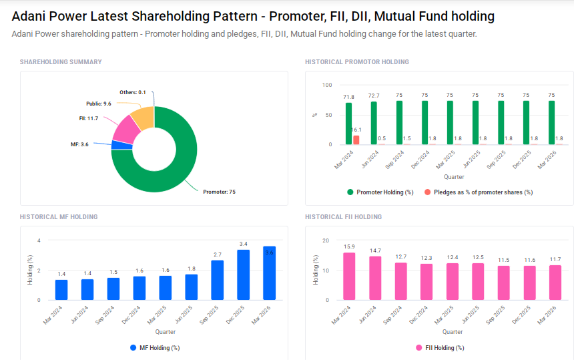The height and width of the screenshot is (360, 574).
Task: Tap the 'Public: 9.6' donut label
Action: [x=99, y=104]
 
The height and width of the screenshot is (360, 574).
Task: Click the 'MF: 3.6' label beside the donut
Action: [x=79, y=144]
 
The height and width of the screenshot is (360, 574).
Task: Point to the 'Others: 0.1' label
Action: [x=133, y=92]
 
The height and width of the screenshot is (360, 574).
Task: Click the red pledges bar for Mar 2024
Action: [x=356, y=140]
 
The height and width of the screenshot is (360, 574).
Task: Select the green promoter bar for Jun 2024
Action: [x=374, y=123]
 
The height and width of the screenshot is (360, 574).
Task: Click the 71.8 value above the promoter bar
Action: [x=348, y=97]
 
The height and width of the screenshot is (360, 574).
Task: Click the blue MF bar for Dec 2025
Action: [x=244, y=275]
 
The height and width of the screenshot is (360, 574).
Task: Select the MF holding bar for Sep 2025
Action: [x=218, y=280]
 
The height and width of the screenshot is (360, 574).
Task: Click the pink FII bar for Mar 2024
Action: [x=349, y=276]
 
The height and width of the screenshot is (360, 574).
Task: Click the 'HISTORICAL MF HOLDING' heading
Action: [x=59, y=217]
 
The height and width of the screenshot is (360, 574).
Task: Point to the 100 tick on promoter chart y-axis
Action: [x=326, y=85]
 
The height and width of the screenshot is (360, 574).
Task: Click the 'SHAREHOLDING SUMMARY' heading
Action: [x=61, y=62]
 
